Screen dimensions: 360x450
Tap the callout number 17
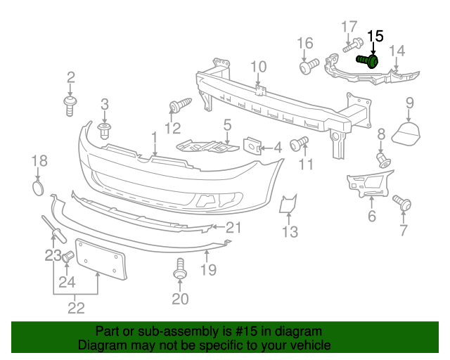tap(349, 27)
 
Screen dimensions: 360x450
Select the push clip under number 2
tap(70, 105)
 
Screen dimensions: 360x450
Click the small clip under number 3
tap(105, 131)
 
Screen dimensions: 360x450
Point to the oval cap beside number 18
tap(39, 188)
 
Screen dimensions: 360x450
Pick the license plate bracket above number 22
tap(100, 259)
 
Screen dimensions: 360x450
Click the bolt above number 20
tap(180, 269)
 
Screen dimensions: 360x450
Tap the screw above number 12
tap(179, 106)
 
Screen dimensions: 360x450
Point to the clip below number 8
tap(384, 160)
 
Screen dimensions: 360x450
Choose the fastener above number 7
tap(403, 203)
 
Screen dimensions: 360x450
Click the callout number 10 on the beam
tap(258, 67)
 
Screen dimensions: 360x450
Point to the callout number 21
tap(233, 227)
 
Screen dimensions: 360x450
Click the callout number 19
tap(208, 269)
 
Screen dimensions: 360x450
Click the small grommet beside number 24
tap(68, 257)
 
